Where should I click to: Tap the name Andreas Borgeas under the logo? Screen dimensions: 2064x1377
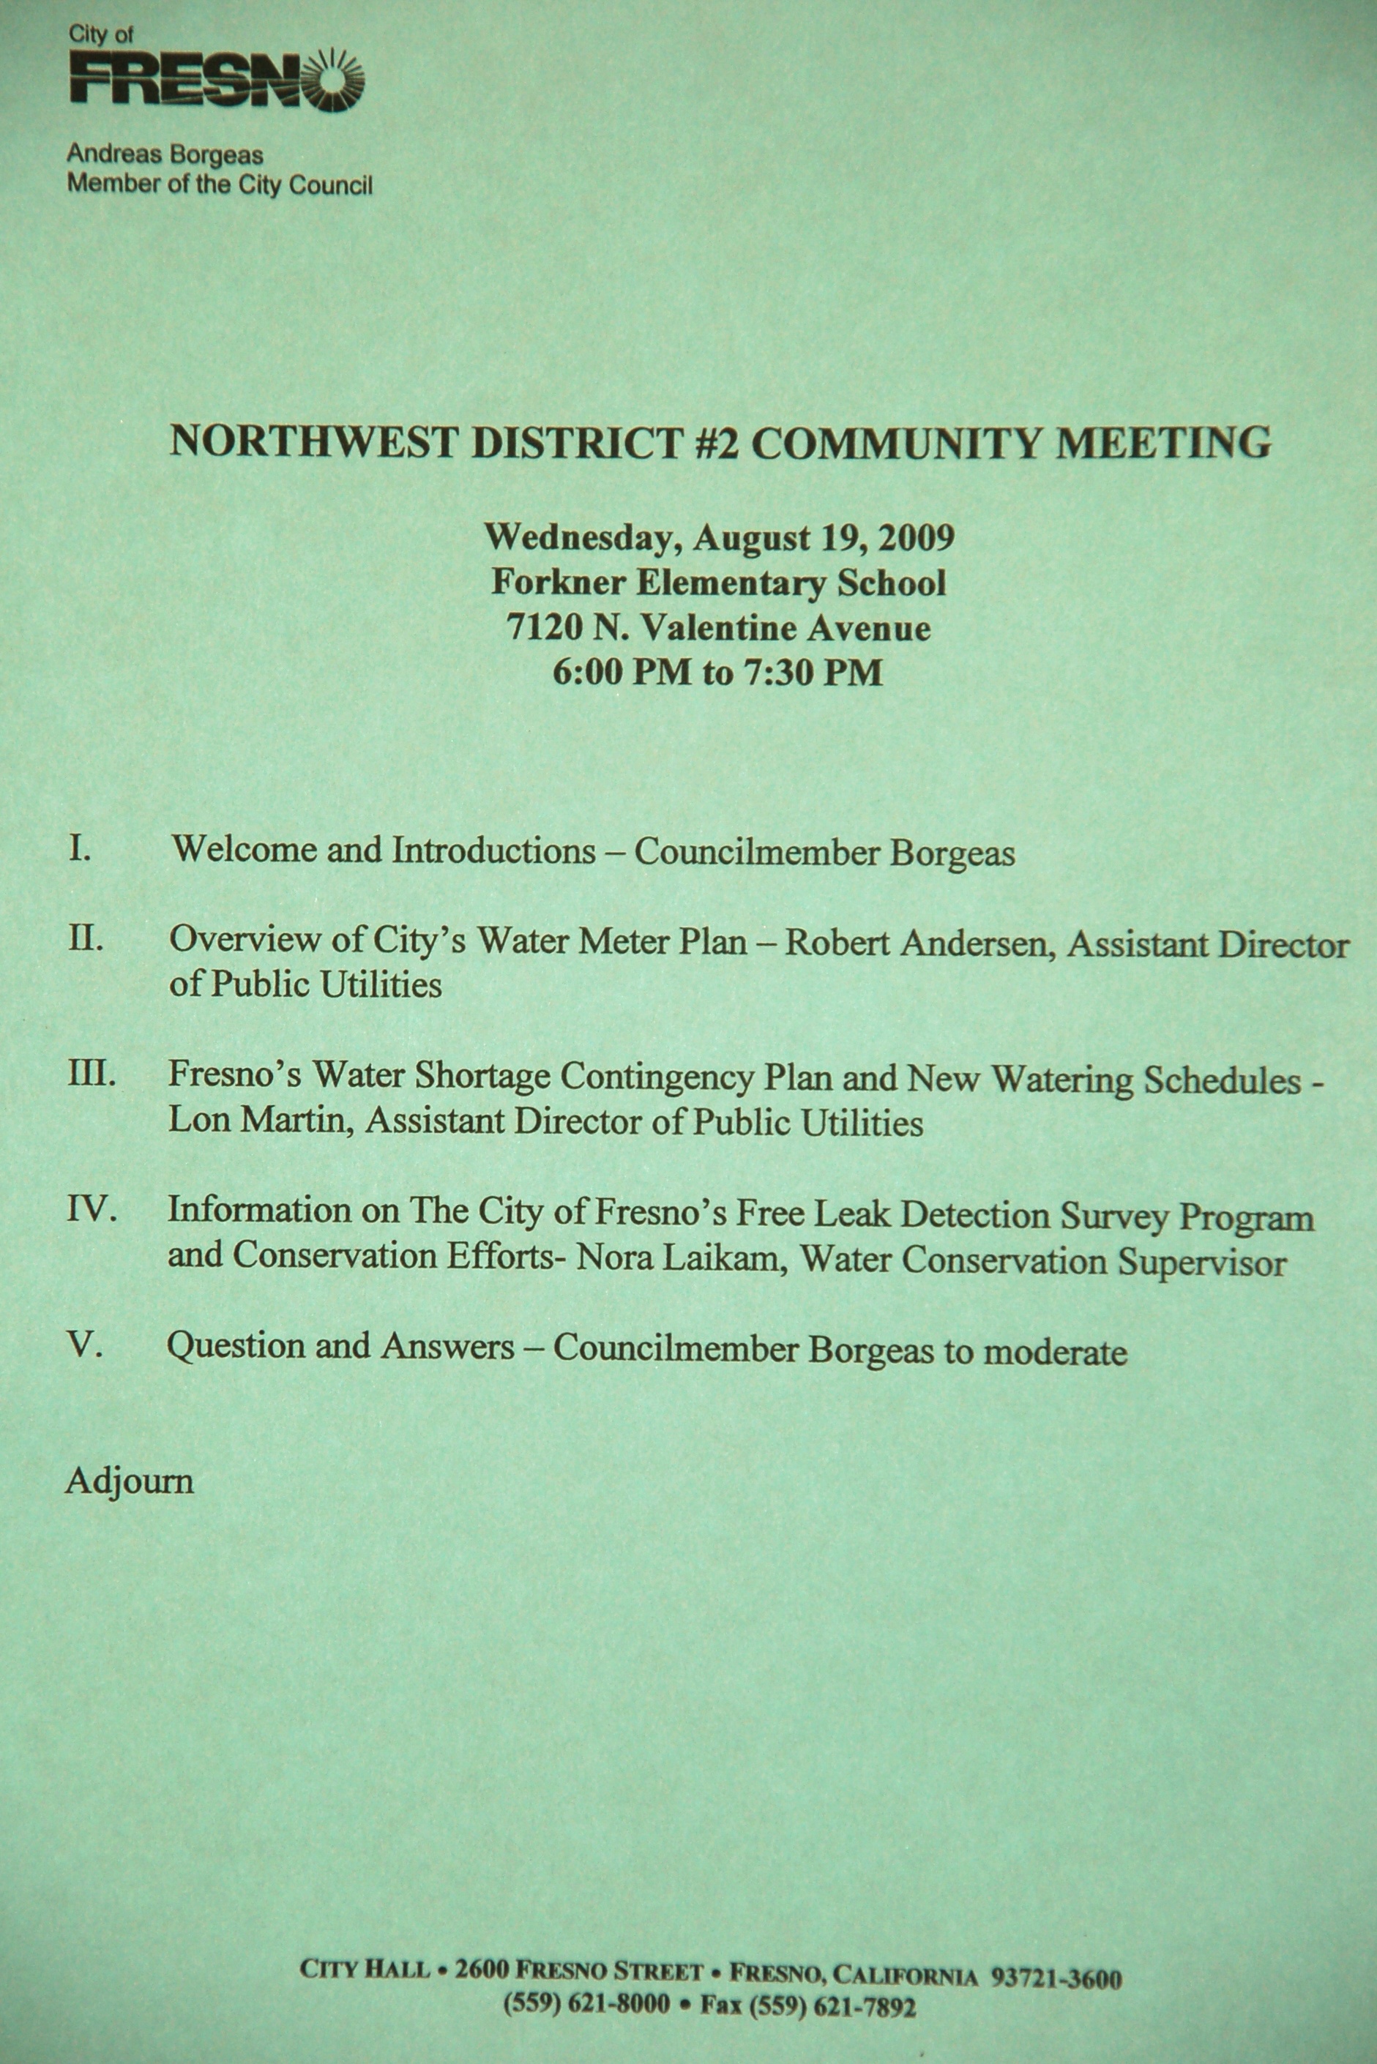165,155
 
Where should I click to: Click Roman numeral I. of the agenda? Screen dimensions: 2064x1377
80,849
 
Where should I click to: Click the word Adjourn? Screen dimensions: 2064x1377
129,1481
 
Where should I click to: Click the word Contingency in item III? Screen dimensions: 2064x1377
657,1077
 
